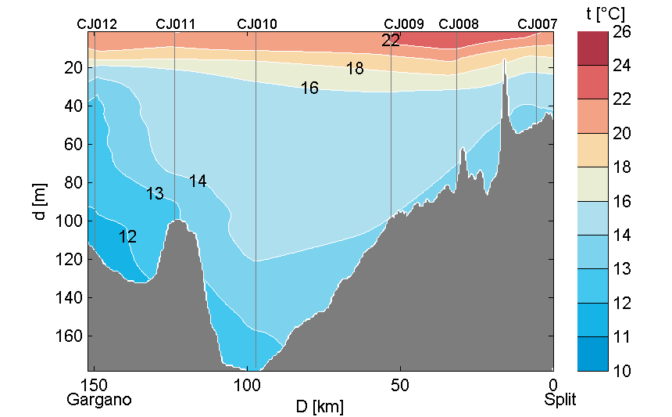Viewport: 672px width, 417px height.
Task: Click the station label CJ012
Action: [x=97, y=24]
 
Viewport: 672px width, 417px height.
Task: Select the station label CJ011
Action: [x=176, y=24]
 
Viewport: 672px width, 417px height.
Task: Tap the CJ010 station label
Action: [x=256, y=24]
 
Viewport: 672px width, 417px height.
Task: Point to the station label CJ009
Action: [x=404, y=24]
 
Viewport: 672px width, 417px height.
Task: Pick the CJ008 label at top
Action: [x=459, y=24]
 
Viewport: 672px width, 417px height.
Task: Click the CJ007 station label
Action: [x=538, y=24]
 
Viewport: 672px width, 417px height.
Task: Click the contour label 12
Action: [x=128, y=237]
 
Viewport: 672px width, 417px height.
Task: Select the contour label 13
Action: [x=155, y=194]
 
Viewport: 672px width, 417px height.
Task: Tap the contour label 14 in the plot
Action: [x=198, y=182]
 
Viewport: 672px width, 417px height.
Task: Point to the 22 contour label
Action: [x=391, y=41]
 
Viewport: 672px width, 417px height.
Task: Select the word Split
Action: [x=560, y=400]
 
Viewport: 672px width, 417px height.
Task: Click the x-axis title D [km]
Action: [x=319, y=407]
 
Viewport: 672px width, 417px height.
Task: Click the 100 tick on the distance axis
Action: [x=247, y=385]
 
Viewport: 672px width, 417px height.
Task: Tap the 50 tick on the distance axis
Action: [x=400, y=385]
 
